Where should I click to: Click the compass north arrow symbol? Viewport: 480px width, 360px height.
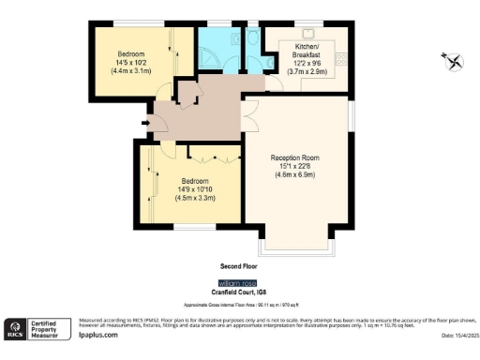454,61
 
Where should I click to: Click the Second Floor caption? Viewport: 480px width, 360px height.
239,266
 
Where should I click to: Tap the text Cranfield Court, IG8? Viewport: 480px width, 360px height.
239,292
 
